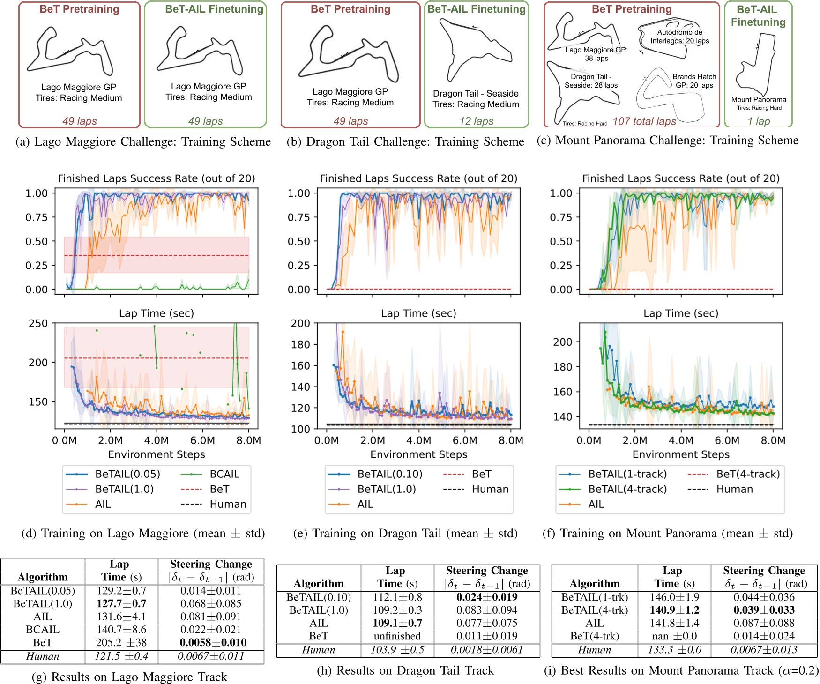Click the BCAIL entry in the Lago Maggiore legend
(224, 474)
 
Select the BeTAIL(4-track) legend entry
(627, 489)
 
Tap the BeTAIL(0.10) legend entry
(389, 474)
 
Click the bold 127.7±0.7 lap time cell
(121, 603)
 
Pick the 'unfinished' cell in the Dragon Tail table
(397, 636)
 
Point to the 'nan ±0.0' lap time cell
(674, 636)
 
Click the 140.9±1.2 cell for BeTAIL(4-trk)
(674, 610)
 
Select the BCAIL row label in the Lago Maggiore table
(43, 630)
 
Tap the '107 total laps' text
(644, 121)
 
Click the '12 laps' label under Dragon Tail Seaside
(476, 121)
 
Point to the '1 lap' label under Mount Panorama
(759, 121)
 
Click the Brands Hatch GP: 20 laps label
(694, 81)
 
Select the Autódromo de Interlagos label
(679, 37)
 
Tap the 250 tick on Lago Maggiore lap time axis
(38, 323)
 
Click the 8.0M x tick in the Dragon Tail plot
(511, 440)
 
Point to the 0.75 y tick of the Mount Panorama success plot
(561, 217)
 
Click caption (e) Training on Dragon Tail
(405, 534)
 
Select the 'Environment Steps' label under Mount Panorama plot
(681, 454)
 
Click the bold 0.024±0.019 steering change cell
(487, 597)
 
